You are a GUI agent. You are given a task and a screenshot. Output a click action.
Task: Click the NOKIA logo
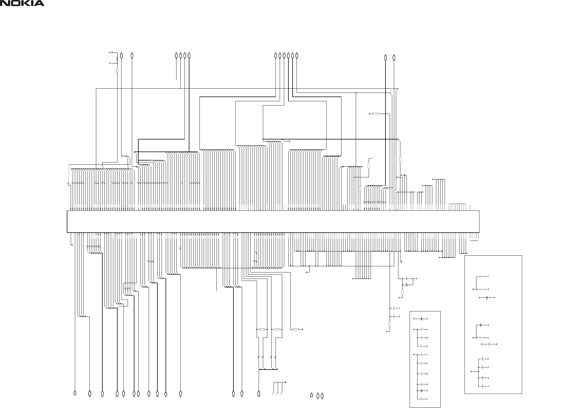tap(22, 3)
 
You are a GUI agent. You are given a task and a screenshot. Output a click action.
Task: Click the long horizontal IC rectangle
tap(273, 221)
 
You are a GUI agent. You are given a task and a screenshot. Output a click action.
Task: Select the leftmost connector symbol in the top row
tap(121, 56)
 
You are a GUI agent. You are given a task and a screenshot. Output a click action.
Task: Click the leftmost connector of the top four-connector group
tap(176, 56)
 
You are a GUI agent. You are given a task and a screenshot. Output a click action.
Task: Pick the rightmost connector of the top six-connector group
tap(297, 56)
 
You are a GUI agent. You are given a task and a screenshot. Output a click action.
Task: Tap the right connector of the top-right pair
tap(394, 58)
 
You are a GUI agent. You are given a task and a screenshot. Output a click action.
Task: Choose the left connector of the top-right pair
tap(385, 58)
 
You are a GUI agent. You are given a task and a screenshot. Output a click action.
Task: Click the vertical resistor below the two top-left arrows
tap(117, 70)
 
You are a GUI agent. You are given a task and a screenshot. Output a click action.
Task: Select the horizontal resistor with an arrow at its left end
tap(376, 114)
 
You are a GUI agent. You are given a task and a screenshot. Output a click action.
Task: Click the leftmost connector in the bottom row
tap(75, 393)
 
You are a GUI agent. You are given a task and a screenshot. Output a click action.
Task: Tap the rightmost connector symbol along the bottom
tap(322, 396)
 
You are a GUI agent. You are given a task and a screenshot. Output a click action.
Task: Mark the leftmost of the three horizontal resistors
tap(262, 329)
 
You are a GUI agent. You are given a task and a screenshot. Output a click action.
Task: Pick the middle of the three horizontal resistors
tap(277, 329)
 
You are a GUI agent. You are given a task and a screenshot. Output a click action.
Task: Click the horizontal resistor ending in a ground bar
tap(295, 329)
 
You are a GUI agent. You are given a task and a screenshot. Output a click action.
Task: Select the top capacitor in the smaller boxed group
tap(422, 319)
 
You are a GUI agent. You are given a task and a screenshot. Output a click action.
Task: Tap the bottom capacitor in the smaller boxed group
tap(422, 399)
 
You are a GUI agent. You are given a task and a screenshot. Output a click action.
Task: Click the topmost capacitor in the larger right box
tap(481, 276)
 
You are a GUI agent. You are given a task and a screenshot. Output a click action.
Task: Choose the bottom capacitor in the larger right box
tap(483, 386)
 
